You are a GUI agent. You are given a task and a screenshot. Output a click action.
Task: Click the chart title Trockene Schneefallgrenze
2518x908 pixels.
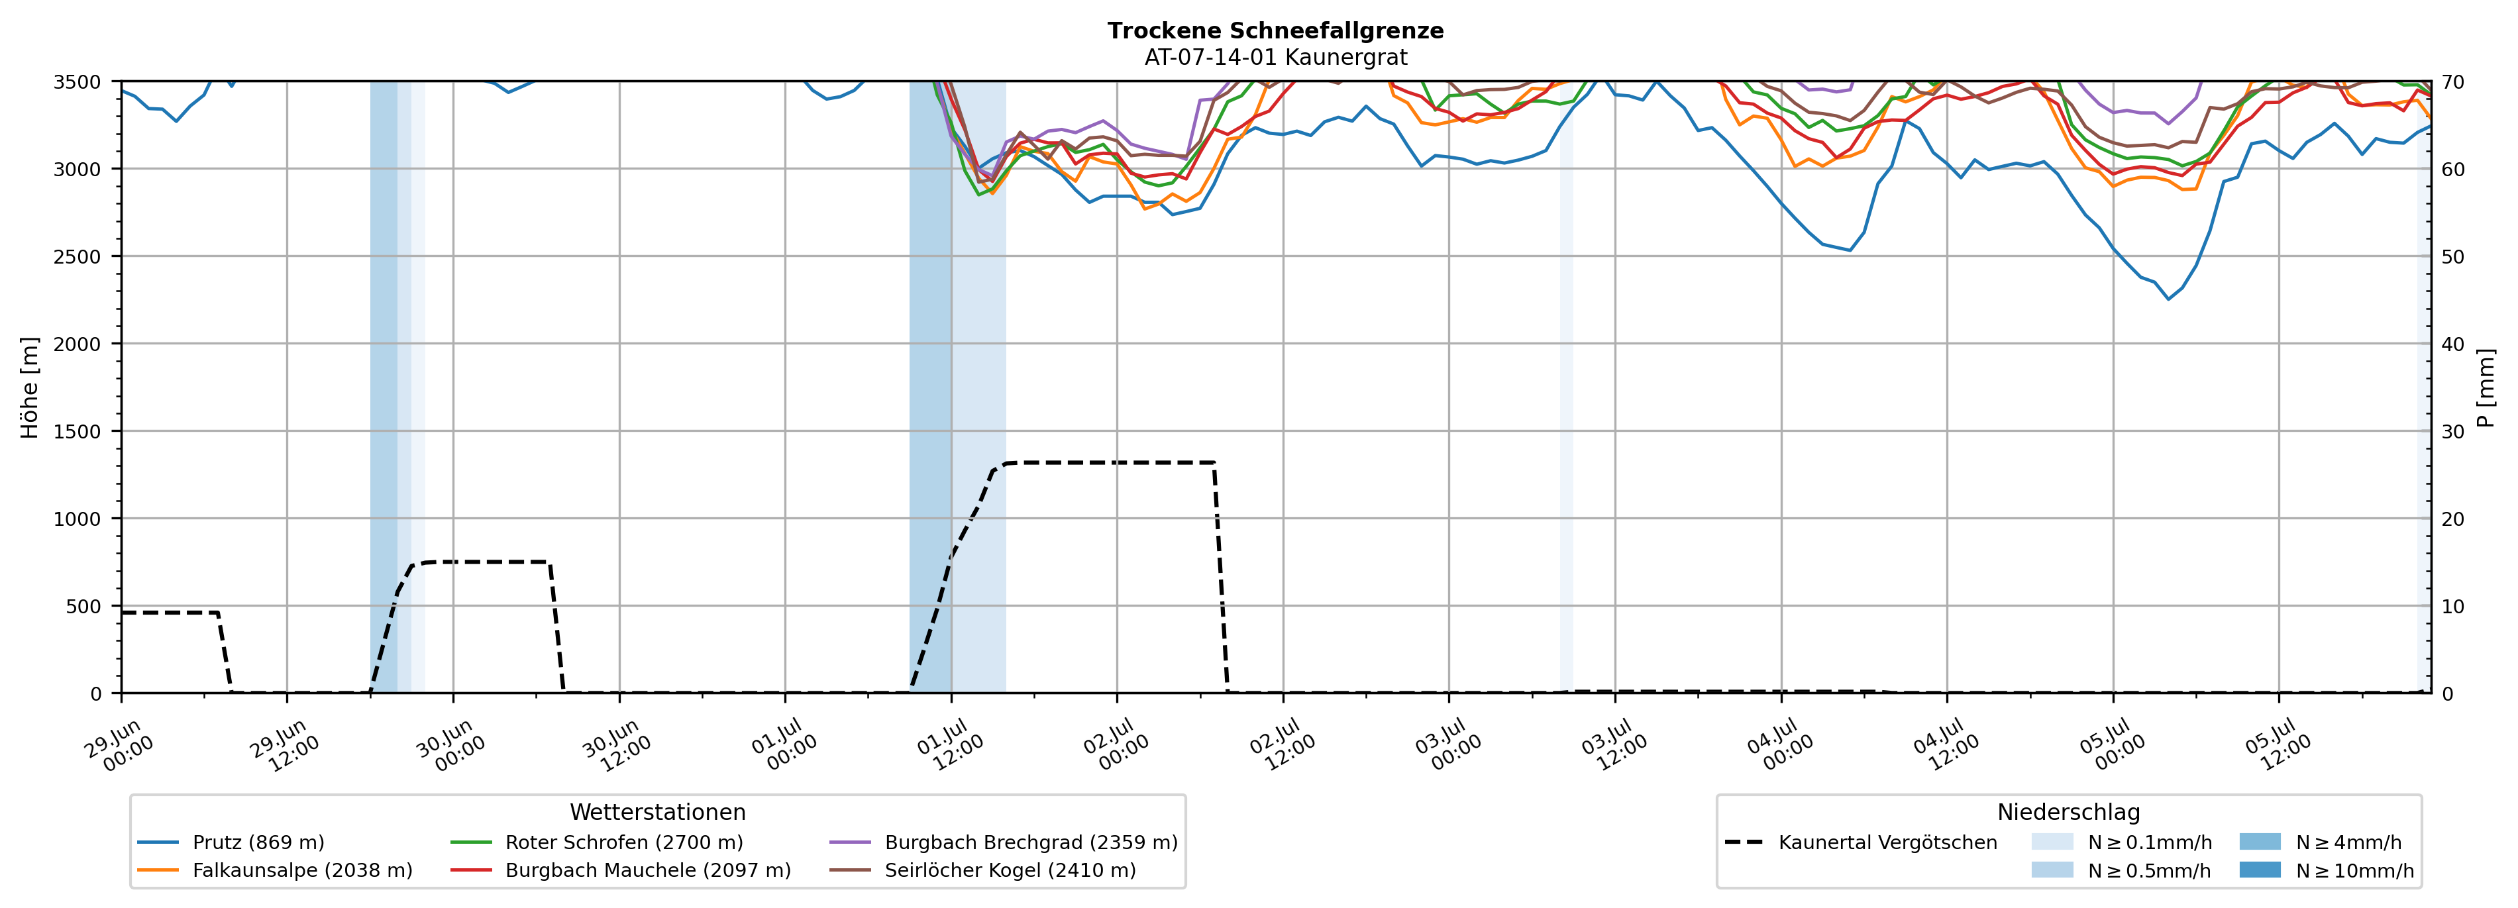point(1276,30)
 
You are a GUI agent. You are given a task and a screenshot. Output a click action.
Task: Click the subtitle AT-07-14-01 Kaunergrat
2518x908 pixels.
point(1276,58)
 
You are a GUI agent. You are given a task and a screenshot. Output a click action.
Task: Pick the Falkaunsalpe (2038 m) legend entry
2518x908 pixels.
point(275,870)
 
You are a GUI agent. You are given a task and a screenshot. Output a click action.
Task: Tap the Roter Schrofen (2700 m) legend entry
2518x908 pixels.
point(596,842)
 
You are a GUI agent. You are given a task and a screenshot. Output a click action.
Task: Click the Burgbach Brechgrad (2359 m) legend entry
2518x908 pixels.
point(1004,842)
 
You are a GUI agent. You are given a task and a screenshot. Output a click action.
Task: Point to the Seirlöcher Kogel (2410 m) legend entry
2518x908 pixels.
point(982,870)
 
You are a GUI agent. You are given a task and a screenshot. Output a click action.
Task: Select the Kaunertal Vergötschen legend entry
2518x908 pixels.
point(1861,842)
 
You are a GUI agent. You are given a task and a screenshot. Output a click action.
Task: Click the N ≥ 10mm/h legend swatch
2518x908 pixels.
point(2260,870)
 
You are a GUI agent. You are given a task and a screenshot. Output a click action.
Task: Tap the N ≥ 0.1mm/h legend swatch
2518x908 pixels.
point(2052,842)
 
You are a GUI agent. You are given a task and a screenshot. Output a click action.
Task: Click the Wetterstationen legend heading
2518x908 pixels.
point(658,812)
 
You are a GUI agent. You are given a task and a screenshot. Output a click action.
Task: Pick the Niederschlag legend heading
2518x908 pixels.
point(2068,812)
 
